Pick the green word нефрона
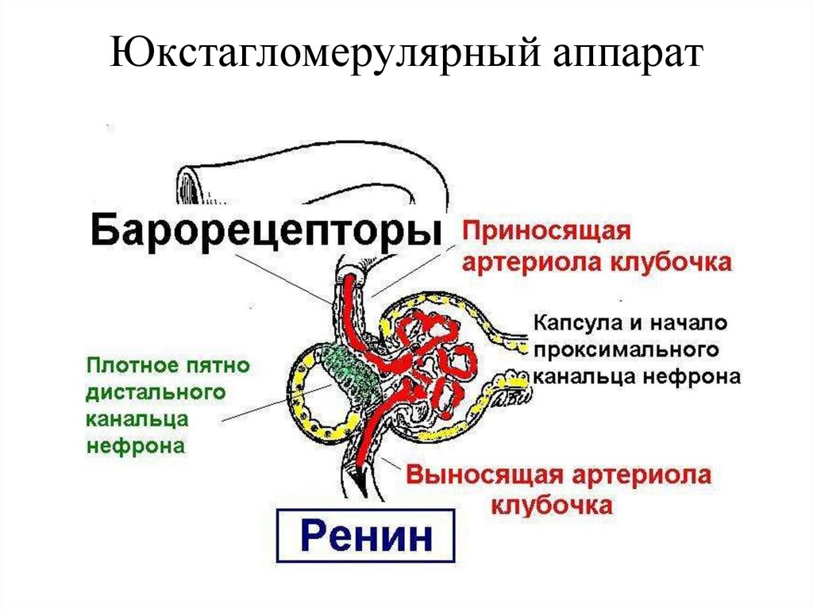point(136,445)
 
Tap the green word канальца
point(136,418)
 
